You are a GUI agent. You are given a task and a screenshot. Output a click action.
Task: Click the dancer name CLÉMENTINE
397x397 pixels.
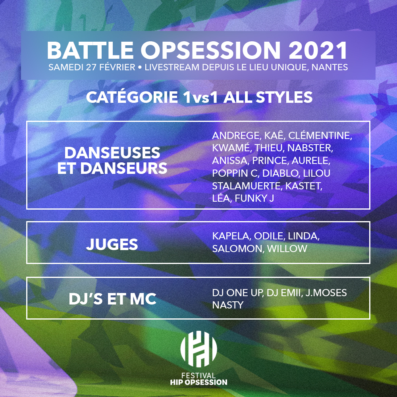click(x=320, y=135)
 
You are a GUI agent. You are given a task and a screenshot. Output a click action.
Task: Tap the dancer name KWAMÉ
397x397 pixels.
click(x=232, y=148)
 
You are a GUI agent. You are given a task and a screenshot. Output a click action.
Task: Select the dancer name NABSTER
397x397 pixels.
click(x=310, y=148)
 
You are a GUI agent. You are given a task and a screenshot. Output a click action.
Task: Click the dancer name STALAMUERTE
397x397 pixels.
click(x=247, y=186)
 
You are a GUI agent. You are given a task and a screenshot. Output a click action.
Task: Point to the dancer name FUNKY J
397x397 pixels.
click(x=254, y=198)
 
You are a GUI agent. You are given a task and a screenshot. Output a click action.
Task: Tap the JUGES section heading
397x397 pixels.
click(x=112, y=244)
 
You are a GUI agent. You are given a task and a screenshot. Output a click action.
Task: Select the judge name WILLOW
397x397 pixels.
click(x=287, y=249)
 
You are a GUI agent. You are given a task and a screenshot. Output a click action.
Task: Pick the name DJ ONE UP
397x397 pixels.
click(x=238, y=293)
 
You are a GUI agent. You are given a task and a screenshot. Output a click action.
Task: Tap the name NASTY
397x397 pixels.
click(x=228, y=305)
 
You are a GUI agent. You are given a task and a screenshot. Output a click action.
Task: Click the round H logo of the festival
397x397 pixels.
click(x=198, y=349)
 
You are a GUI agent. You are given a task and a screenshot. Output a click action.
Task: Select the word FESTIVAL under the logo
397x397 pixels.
click(x=198, y=376)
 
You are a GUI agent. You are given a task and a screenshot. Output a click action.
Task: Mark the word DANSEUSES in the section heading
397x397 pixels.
click(x=112, y=153)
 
